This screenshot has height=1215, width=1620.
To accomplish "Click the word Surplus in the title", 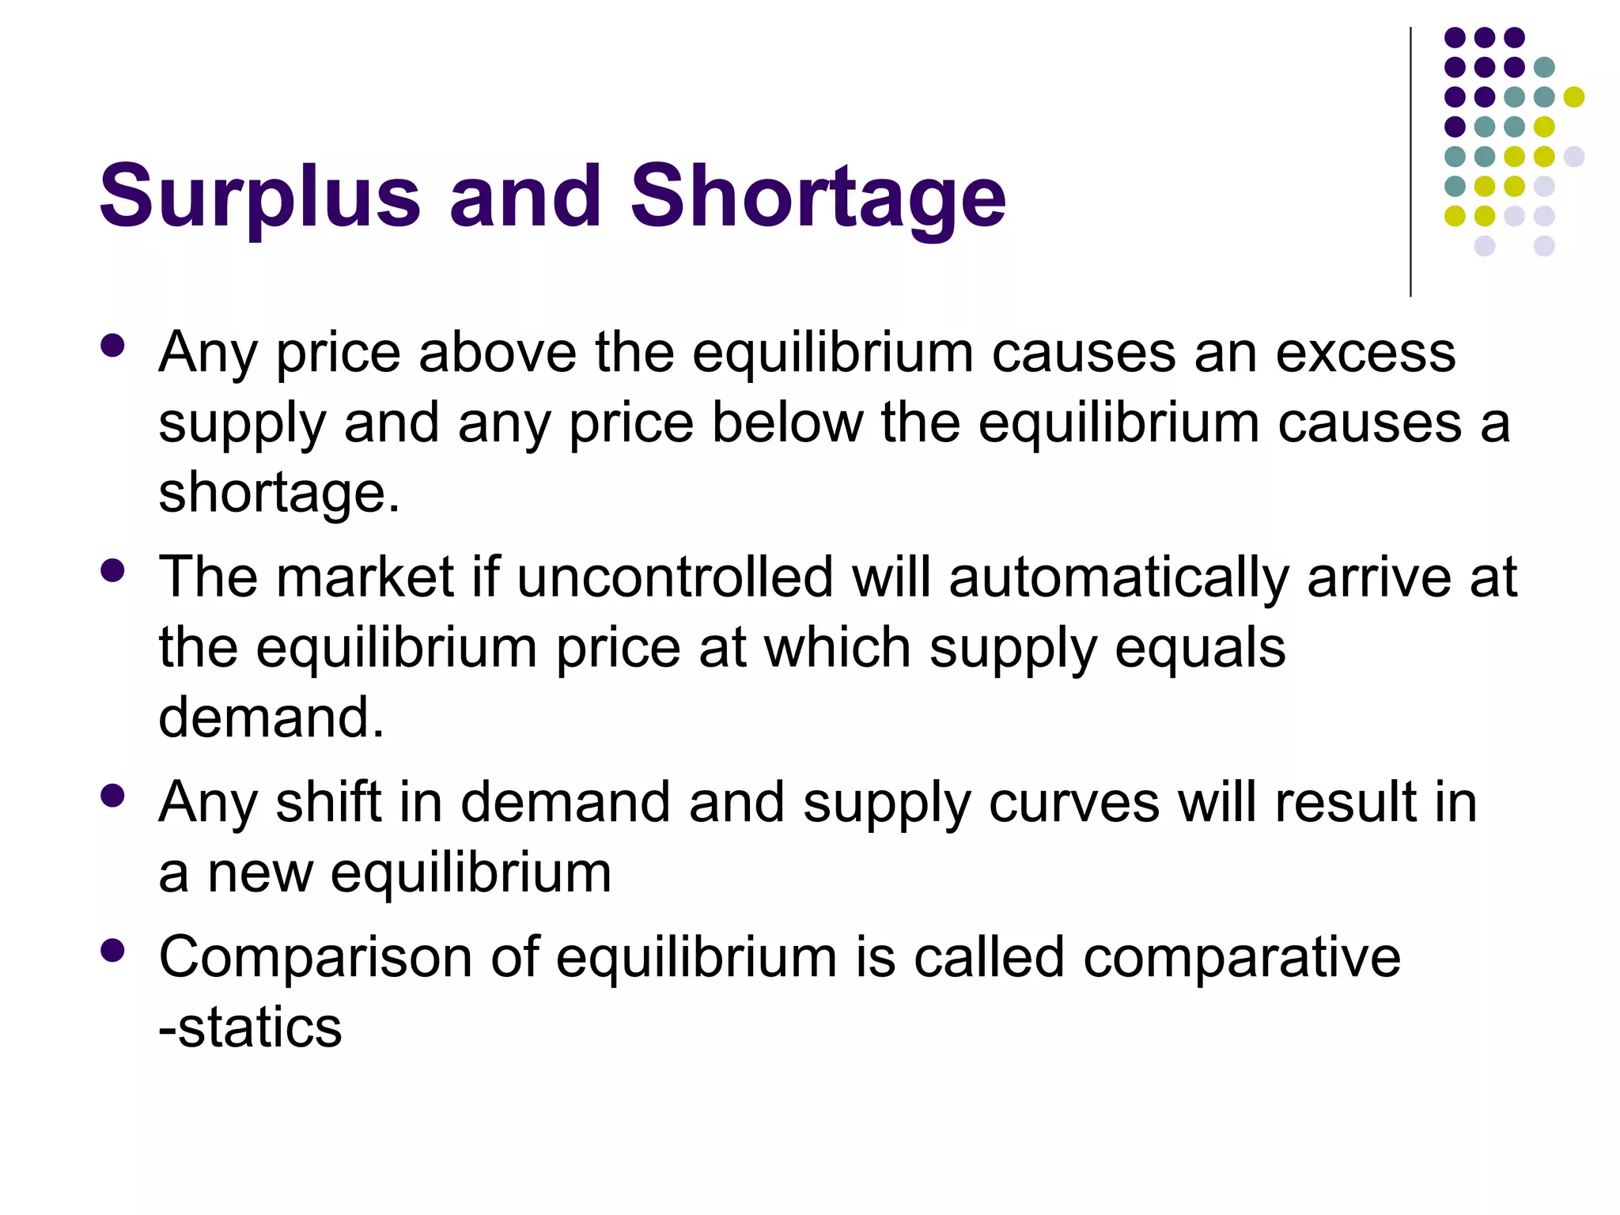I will pos(259,196).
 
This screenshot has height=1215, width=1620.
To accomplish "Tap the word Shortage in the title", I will pos(818,196).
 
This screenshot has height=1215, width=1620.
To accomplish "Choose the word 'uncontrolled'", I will pos(675,577).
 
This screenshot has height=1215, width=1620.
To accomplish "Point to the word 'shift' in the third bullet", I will pos(328,802).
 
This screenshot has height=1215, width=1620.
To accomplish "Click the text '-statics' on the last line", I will pos(250,1028).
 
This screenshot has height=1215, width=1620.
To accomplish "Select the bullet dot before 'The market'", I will pos(113,570).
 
